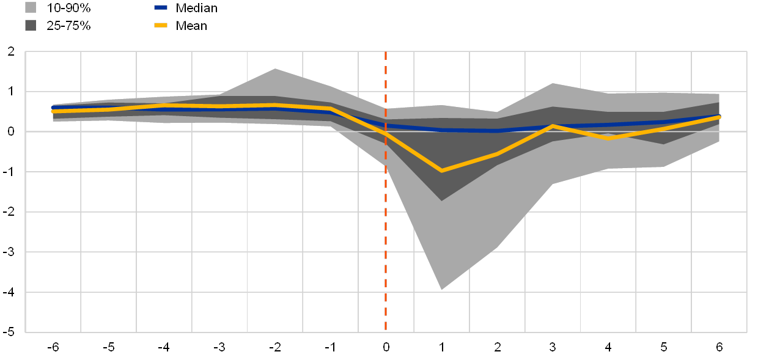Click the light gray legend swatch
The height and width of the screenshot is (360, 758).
point(31,8)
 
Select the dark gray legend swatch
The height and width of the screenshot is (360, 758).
point(31,25)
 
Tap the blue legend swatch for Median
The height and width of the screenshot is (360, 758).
point(161,8)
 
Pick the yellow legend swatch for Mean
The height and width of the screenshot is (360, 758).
point(161,25)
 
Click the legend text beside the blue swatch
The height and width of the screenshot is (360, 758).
point(197,8)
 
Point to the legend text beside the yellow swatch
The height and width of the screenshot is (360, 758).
point(192,25)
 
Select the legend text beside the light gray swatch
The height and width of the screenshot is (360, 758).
point(68,8)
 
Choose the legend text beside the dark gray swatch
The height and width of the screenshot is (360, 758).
point(68,25)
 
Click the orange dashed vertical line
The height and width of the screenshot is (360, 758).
point(386,244)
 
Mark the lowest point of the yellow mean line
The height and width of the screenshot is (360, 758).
point(441,171)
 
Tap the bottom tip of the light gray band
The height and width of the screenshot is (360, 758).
point(441,289)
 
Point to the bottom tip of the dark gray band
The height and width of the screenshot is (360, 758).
point(441,200)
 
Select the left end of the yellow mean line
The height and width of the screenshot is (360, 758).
point(53,111)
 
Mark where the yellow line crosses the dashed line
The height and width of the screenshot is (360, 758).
point(386,133)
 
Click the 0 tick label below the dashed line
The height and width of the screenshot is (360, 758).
point(386,348)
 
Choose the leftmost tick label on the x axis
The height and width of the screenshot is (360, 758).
point(55,348)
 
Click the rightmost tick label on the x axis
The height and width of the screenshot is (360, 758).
point(719,348)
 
